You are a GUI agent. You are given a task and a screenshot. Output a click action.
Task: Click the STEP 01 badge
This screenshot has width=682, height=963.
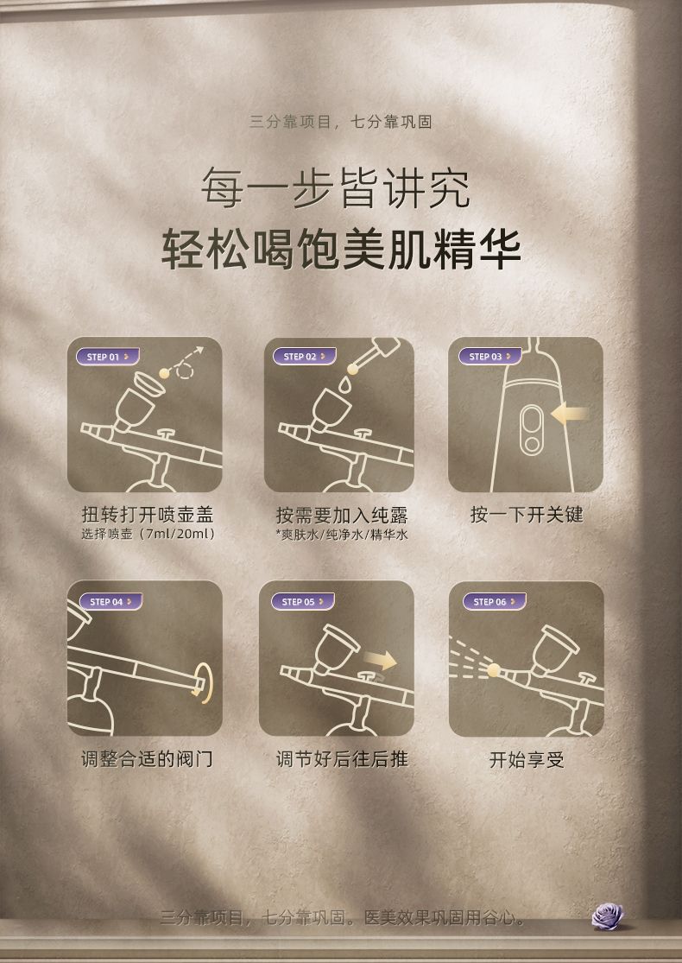point(107,357)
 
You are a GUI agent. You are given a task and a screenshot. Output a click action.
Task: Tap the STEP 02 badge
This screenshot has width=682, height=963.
point(304,357)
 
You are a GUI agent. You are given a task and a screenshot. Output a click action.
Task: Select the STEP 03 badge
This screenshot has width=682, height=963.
point(489,356)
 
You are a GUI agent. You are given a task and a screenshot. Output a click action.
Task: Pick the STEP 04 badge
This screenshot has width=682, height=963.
point(111,602)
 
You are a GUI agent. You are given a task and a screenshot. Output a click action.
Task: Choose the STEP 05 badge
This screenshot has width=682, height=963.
point(303,602)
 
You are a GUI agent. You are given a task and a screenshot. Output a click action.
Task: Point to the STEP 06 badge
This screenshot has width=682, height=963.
point(494,602)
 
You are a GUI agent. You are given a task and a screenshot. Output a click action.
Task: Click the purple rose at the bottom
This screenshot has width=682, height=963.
point(608,915)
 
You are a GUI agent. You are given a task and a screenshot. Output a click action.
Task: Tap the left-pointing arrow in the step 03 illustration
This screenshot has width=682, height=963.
point(569,415)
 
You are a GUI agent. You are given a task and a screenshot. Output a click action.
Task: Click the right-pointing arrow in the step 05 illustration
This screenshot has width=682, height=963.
point(381,660)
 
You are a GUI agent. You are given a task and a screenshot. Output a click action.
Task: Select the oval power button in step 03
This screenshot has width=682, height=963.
point(532,430)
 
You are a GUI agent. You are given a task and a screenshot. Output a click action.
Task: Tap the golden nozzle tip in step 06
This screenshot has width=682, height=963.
point(493,669)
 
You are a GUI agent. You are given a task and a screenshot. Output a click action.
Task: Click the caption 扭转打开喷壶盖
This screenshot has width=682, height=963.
point(148,515)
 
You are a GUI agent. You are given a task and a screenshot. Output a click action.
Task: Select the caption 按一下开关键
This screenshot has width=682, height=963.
point(527,515)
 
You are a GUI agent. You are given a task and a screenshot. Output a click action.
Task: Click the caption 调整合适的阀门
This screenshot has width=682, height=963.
point(147,759)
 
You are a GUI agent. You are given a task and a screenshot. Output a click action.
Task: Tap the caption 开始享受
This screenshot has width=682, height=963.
point(527,760)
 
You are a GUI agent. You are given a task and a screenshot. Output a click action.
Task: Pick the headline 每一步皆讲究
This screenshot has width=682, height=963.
point(336,187)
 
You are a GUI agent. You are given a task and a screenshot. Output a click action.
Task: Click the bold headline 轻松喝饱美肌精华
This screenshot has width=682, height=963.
point(341,250)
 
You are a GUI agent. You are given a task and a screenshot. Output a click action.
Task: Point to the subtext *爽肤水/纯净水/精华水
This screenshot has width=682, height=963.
point(341,535)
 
